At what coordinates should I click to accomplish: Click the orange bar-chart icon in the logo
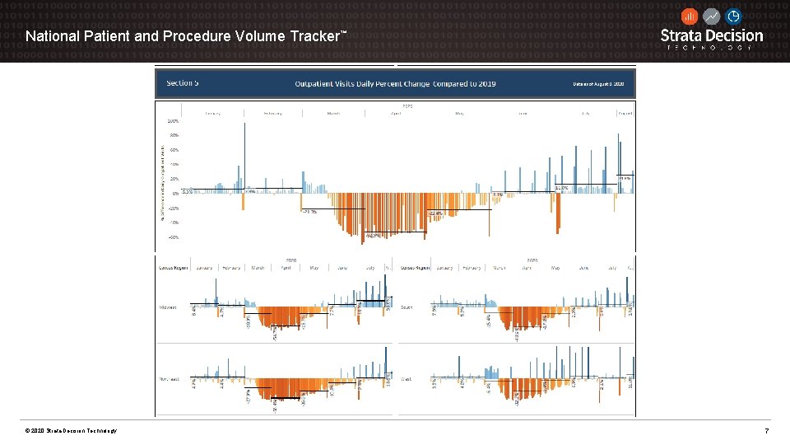click(x=690, y=16)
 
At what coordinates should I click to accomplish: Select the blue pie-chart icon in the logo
click(x=733, y=16)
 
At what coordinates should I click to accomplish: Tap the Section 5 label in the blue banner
click(x=182, y=83)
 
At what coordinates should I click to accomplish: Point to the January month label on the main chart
click(x=212, y=113)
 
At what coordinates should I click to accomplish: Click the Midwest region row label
click(x=168, y=307)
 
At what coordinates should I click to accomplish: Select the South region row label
click(x=407, y=307)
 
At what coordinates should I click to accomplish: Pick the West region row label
click(x=407, y=380)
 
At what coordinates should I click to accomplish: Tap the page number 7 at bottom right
click(x=766, y=431)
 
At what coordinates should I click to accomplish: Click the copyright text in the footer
click(x=72, y=431)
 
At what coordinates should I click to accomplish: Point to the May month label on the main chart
click(x=459, y=113)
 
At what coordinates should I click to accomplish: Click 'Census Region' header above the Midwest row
click(x=173, y=268)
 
